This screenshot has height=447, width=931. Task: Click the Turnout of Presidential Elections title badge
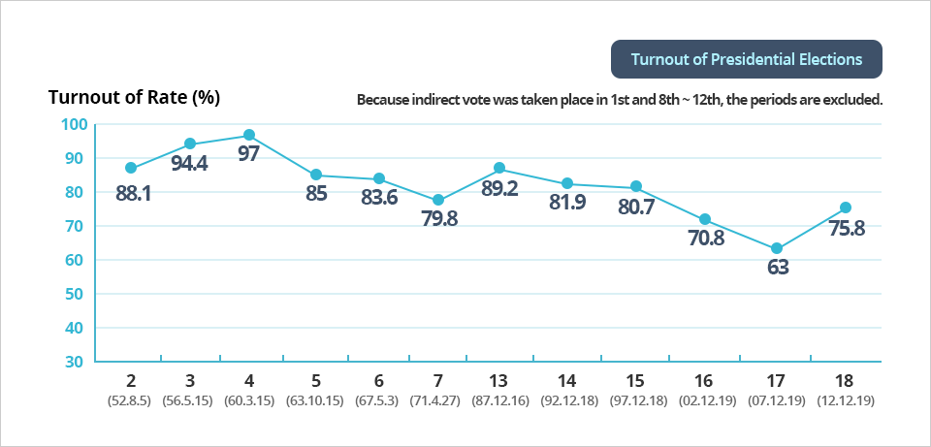point(746,59)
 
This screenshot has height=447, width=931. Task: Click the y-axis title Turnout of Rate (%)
point(135,97)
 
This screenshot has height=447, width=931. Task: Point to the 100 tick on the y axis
point(74,124)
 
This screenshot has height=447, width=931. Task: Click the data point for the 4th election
point(249,135)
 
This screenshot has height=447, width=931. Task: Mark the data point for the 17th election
point(777,248)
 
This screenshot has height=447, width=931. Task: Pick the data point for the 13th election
point(499,169)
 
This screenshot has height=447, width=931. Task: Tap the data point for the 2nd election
point(131,168)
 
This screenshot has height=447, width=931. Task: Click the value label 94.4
point(189,163)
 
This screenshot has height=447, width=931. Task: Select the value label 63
point(778,268)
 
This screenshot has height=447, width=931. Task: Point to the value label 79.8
point(437,219)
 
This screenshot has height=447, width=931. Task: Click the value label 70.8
point(705,239)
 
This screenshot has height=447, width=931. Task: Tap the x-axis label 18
point(846,380)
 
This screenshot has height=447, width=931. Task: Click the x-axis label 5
point(316,380)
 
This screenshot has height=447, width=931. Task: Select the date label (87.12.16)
point(499,399)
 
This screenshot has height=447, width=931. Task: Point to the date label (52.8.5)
point(131,399)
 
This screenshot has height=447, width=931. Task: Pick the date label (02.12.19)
point(705,399)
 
